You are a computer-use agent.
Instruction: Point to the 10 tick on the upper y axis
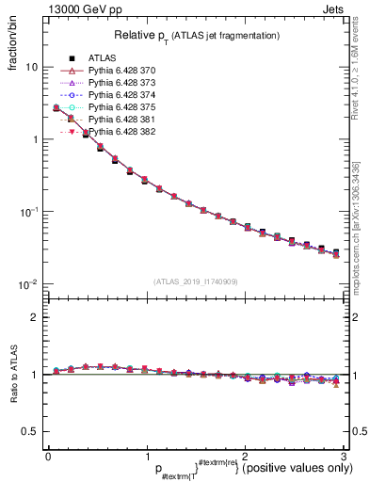tap(31, 68)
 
